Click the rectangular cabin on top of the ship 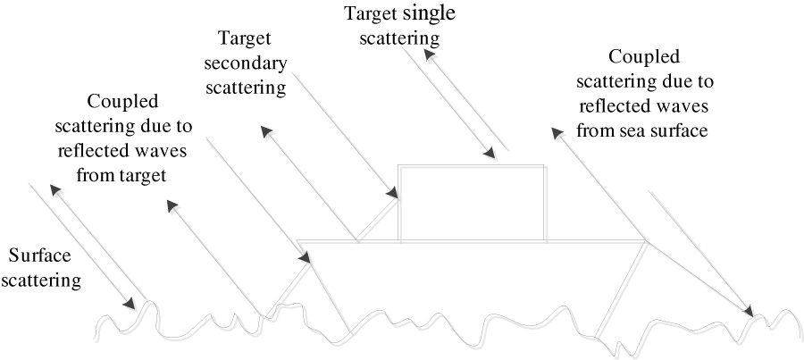coord(472,203)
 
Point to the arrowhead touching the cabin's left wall coord(392,192)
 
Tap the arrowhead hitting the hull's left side coord(306,258)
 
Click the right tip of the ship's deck coord(646,240)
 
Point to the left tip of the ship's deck coord(297,240)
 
